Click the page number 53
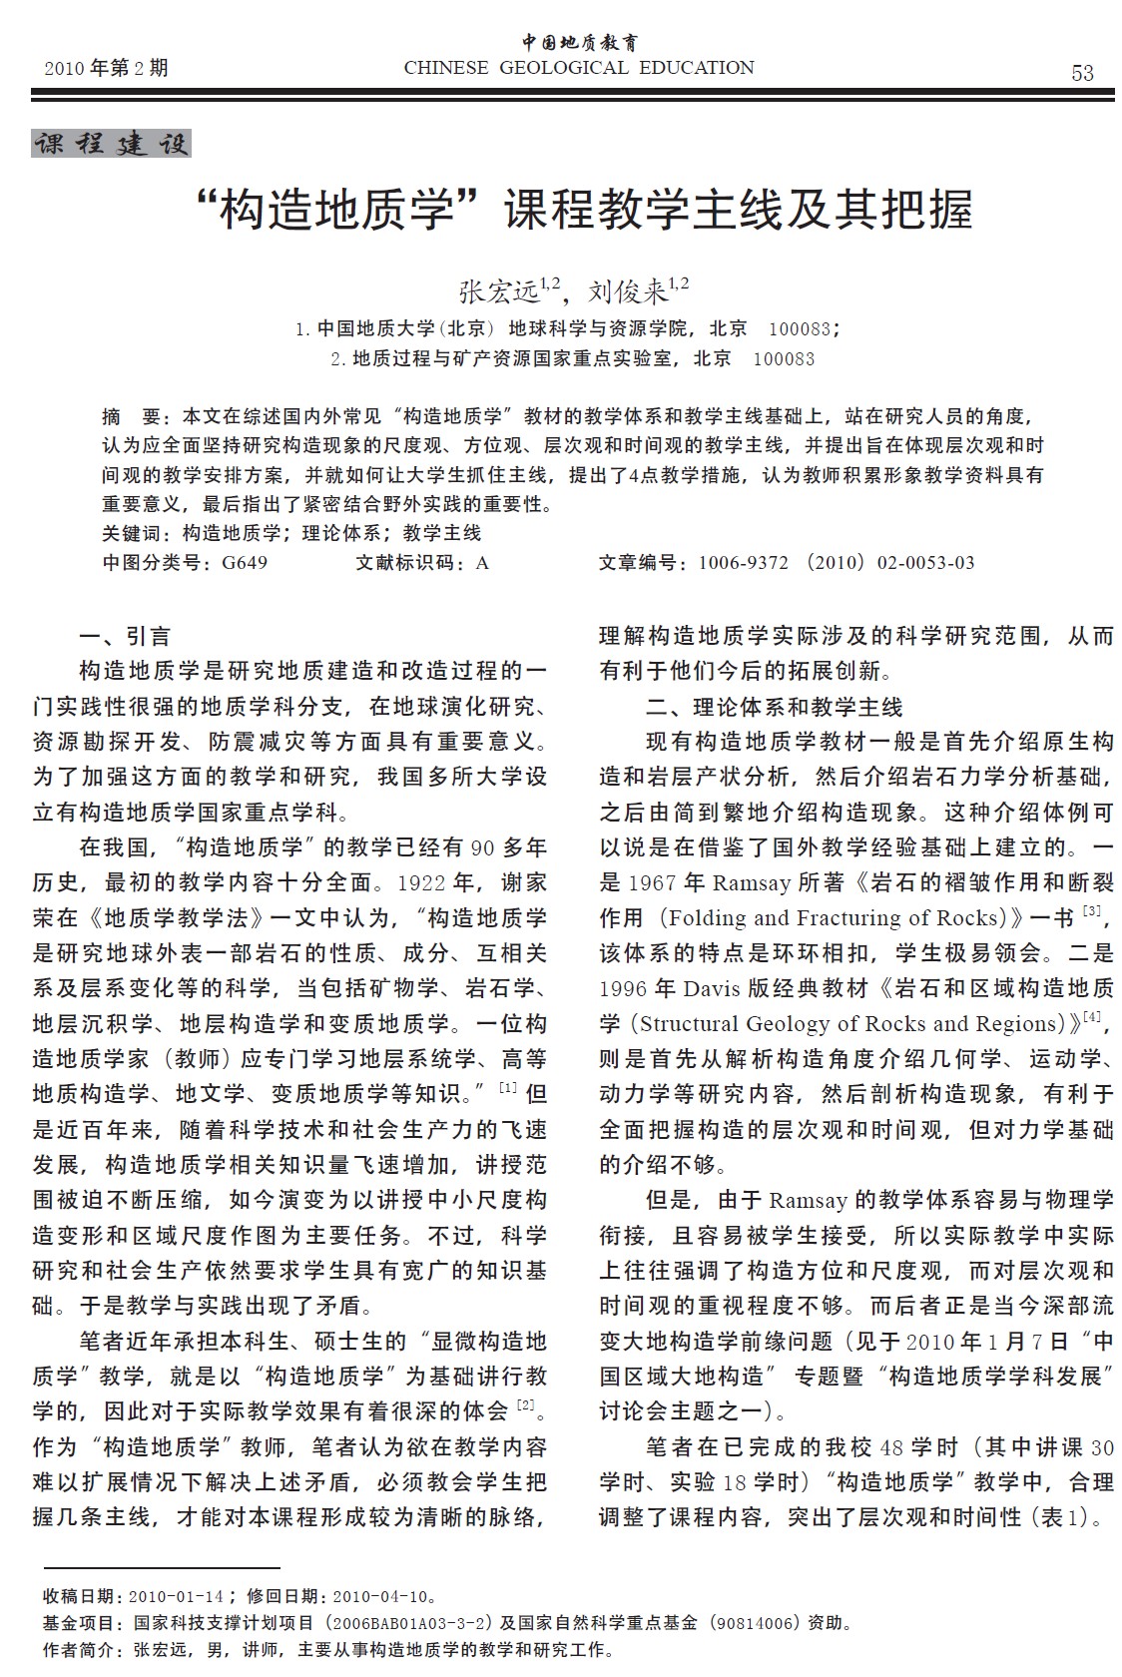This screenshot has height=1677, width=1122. click(x=1082, y=73)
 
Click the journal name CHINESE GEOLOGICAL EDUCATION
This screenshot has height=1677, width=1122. click(x=579, y=68)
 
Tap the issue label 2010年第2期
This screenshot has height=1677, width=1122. click(x=107, y=68)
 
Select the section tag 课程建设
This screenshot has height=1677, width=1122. click(x=111, y=144)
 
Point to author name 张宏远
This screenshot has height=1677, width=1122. click(x=498, y=291)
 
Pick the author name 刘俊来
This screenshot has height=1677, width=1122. click(x=627, y=291)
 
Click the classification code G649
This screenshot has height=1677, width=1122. click(x=245, y=563)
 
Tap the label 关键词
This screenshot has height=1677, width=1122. click(x=135, y=533)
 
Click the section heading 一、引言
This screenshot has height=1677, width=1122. click(x=125, y=637)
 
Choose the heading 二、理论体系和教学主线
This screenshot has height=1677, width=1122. click(x=774, y=708)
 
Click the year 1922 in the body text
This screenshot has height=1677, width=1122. click(x=423, y=883)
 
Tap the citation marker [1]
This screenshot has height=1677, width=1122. click(x=508, y=1087)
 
